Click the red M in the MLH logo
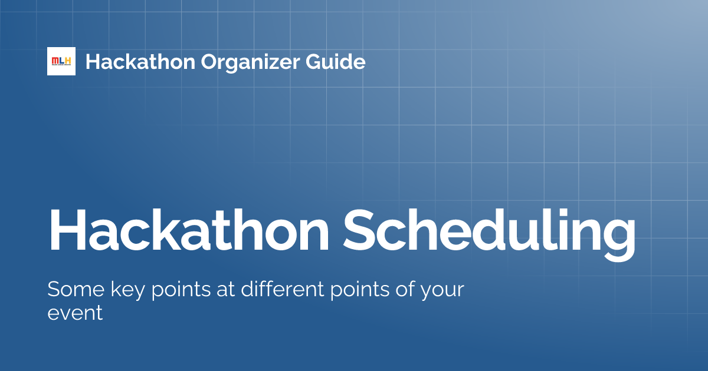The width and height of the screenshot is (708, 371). click(x=55, y=61)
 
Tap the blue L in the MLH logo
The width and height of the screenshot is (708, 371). click(x=61, y=61)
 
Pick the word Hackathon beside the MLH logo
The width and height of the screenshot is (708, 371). click(x=140, y=61)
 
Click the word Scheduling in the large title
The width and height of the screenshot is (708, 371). click(x=491, y=231)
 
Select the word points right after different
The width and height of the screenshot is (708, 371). click(x=355, y=291)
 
